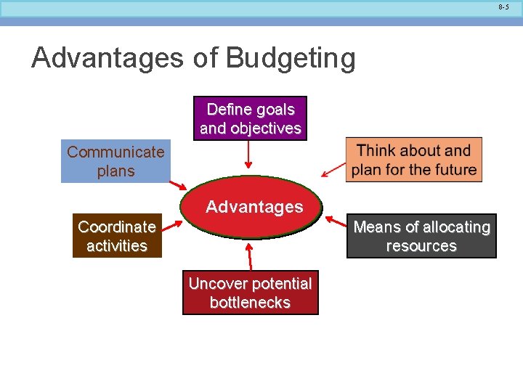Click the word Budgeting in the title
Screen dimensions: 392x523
coord(291,59)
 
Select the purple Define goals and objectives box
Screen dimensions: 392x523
coord(251,118)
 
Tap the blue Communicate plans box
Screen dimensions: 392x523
coord(115,161)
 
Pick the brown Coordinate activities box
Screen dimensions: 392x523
coord(117,236)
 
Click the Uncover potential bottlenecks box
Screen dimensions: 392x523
coord(250,293)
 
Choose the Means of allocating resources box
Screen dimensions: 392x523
coord(421,236)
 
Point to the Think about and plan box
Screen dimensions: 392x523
coord(414,160)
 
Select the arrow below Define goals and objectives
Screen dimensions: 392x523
coord(249,154)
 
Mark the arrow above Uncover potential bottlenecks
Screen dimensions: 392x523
coord(250,256)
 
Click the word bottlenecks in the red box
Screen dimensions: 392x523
coord(250,303)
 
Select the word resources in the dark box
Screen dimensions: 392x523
coord(421,246)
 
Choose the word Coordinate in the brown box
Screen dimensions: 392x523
coord(117,226)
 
